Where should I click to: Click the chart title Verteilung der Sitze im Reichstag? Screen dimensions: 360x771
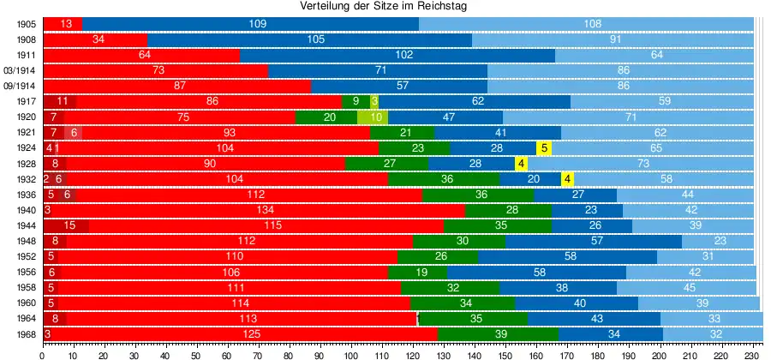point(385,7)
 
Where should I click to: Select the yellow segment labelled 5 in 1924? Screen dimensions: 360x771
point(543,148)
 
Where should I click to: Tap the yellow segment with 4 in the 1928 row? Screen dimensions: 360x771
point(521,164)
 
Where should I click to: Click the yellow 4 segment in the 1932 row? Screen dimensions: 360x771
point(567,179)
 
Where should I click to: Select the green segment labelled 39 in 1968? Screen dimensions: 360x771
point(498,333)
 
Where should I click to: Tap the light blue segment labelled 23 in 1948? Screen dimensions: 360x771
point(718,241)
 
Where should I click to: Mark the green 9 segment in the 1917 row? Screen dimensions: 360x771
point(356,102)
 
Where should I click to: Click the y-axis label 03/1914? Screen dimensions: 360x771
point(19,70)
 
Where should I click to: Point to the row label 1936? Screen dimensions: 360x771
point(25,195)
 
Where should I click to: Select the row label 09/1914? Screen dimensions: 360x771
point(19,86)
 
